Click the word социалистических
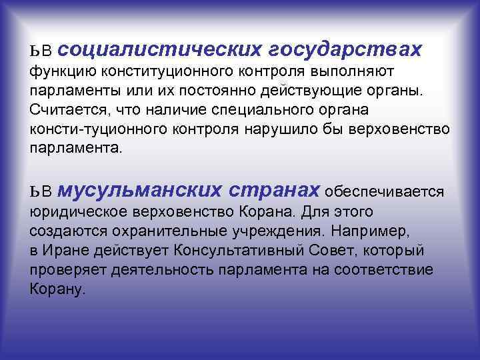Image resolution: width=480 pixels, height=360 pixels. coord(163,49)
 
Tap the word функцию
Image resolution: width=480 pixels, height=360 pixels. coord(63,71)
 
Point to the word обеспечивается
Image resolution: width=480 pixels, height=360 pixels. coord(385,192)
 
